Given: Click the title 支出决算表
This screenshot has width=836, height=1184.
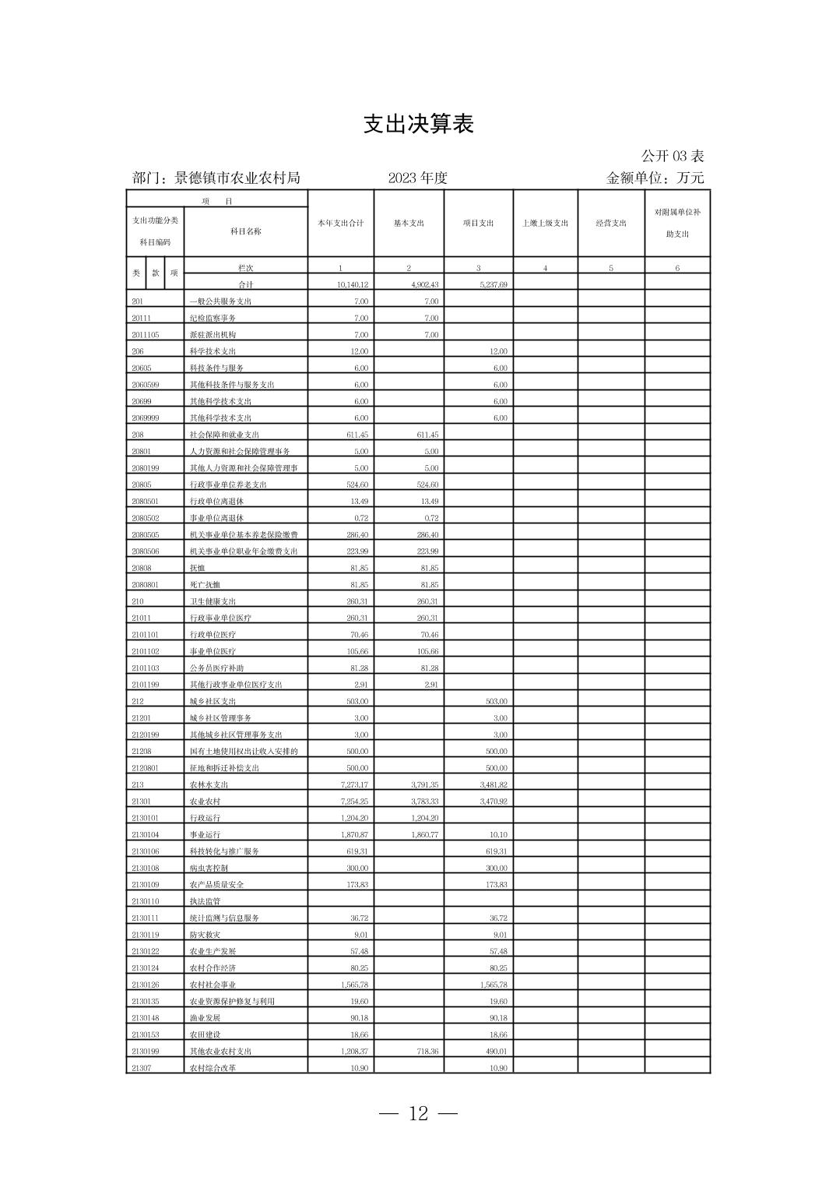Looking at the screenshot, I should tap(418, 125).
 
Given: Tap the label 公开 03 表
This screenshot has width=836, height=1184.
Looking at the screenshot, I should tap(673, 156).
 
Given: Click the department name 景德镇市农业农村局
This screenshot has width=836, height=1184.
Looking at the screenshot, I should tap(237, 178).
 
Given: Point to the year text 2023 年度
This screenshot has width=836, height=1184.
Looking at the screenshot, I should tap(418, 178).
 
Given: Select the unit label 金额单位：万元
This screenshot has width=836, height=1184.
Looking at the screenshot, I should tap(655, 178).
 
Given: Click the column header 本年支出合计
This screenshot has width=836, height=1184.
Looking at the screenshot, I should tap(340, 224).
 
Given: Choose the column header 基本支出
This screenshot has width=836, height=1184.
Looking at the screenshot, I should tap(409, 224).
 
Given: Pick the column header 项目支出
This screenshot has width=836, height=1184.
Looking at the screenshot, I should tap(478, 224).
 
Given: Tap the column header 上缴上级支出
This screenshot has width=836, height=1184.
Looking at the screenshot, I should tap(545, 224).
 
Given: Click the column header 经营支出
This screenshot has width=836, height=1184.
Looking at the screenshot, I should tap(611, 224).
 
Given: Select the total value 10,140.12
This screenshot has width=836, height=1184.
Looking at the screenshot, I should tap(353, 285).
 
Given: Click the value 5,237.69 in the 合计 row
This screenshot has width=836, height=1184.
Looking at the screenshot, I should tap(492, 285).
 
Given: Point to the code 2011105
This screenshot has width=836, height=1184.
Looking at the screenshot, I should tap(145, 335).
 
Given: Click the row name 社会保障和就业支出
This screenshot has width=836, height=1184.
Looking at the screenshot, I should tap(225, 435).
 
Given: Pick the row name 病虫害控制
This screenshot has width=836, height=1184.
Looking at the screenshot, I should tap(209, 868).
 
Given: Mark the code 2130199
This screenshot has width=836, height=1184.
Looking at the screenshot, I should tap(145, 1052).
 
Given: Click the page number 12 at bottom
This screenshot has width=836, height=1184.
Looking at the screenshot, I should tap(418, 1114).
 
